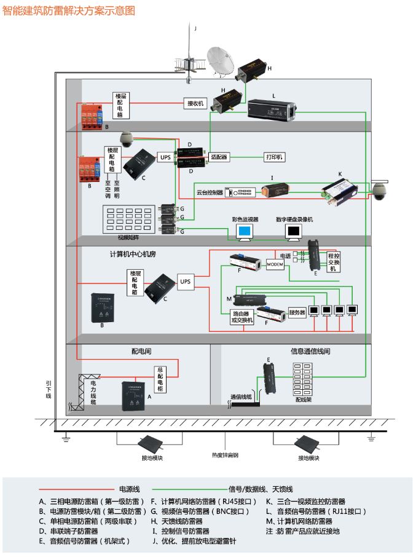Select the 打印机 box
(x=275, y=157)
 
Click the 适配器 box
(x=219, y=157)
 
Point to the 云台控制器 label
(x=209, y=192)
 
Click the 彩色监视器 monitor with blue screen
(x=245, y=231)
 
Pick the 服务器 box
(x=297, y=312)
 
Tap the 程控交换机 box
(x=333, y=261)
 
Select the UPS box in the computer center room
(x=186, y=282)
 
